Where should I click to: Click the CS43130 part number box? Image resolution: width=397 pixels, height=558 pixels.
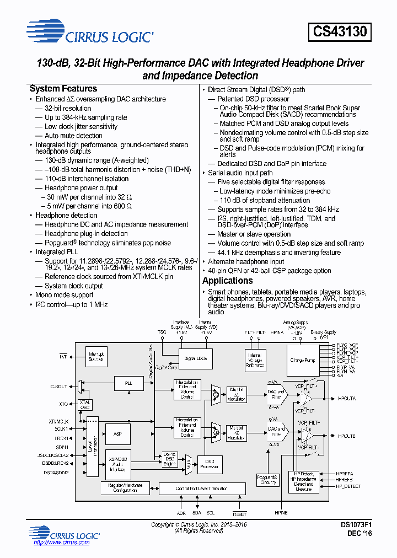pos(340,32)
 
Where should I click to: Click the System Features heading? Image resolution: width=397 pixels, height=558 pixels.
pos(63,89)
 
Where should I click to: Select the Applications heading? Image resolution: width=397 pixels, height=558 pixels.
pos(227,281)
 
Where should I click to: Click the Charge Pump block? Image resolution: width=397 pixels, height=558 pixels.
pos(303,360)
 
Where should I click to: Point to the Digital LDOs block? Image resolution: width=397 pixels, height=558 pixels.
pos(196,358)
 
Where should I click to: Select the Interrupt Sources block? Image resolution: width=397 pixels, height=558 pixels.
pos(96,356)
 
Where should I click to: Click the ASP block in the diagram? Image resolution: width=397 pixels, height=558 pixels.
pos(117,434)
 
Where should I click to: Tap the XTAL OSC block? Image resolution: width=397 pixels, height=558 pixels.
pos(85,404)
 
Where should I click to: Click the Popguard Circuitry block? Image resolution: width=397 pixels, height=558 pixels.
pos(268,479)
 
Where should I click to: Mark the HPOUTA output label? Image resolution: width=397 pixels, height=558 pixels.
pos(347,398)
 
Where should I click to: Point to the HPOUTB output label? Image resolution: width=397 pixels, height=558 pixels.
pos(347,436)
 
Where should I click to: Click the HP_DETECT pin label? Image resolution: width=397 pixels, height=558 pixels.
pos(348,486)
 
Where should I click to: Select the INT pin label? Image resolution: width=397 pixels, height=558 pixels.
pos(63,357)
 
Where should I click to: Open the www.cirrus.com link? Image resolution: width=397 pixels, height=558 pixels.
pos(61,543)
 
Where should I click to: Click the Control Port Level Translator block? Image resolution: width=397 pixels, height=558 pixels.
pos(202,489)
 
